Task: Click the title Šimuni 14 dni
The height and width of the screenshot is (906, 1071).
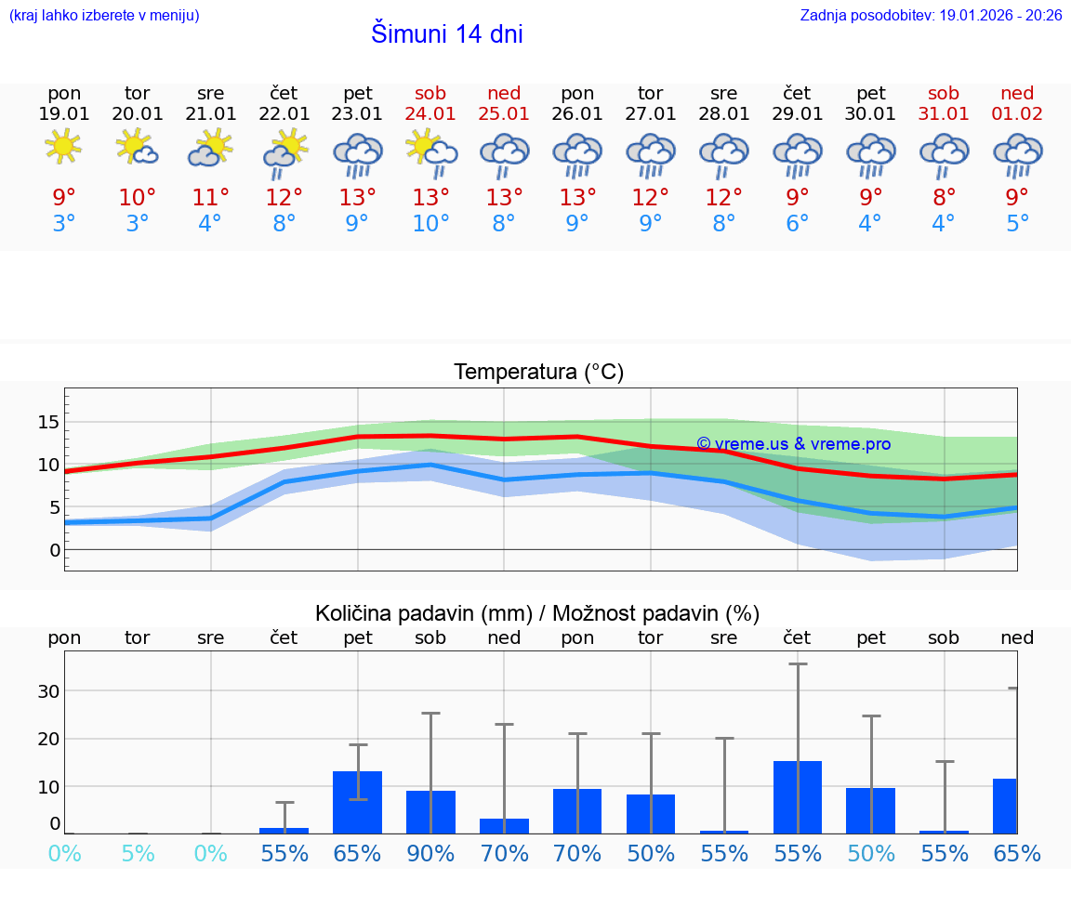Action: pos(446,34)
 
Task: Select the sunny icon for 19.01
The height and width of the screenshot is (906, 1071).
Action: pos(63,148)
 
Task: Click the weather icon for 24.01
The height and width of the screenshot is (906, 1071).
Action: pos(430,152)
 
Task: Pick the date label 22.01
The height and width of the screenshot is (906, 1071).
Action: pos(284,114)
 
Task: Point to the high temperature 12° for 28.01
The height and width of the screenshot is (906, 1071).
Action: pos(723,197)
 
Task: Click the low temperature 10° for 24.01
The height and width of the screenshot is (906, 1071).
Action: pos(430,224)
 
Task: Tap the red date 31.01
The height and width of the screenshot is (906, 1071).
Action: pos(944,114)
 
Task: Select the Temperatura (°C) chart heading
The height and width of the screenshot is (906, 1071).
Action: pos(538,373)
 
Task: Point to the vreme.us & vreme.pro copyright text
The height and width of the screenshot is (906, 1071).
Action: pos(793,444)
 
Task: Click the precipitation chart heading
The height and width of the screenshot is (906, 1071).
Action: pos(537,613)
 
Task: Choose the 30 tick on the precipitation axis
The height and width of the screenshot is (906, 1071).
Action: pos(48,691)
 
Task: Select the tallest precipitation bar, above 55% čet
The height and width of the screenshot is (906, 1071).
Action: pos(798,796)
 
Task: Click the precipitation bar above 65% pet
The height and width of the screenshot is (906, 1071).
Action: pos(358,802)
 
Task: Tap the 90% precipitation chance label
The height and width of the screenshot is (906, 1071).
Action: pos(430,853)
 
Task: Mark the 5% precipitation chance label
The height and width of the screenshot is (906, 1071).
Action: pos(138,853)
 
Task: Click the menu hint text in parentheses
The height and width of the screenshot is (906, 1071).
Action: pos(103,15)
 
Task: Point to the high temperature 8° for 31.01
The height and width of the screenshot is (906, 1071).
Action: pos(944,197)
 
